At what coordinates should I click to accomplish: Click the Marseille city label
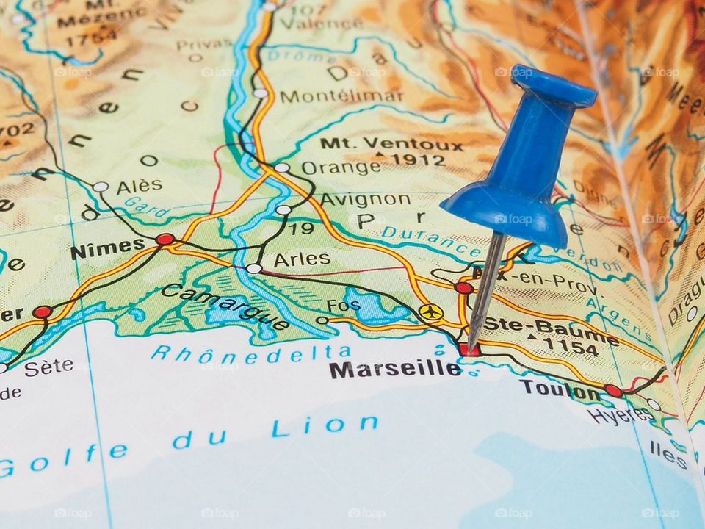395,369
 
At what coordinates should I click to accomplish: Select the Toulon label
560,390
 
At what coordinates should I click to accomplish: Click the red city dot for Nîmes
165,240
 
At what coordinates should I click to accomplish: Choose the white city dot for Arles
253,269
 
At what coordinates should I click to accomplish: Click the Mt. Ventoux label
391,143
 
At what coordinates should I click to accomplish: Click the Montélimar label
341,96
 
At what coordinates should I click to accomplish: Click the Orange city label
341,168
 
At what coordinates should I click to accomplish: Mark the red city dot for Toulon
614,391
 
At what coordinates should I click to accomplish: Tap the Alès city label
139,187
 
